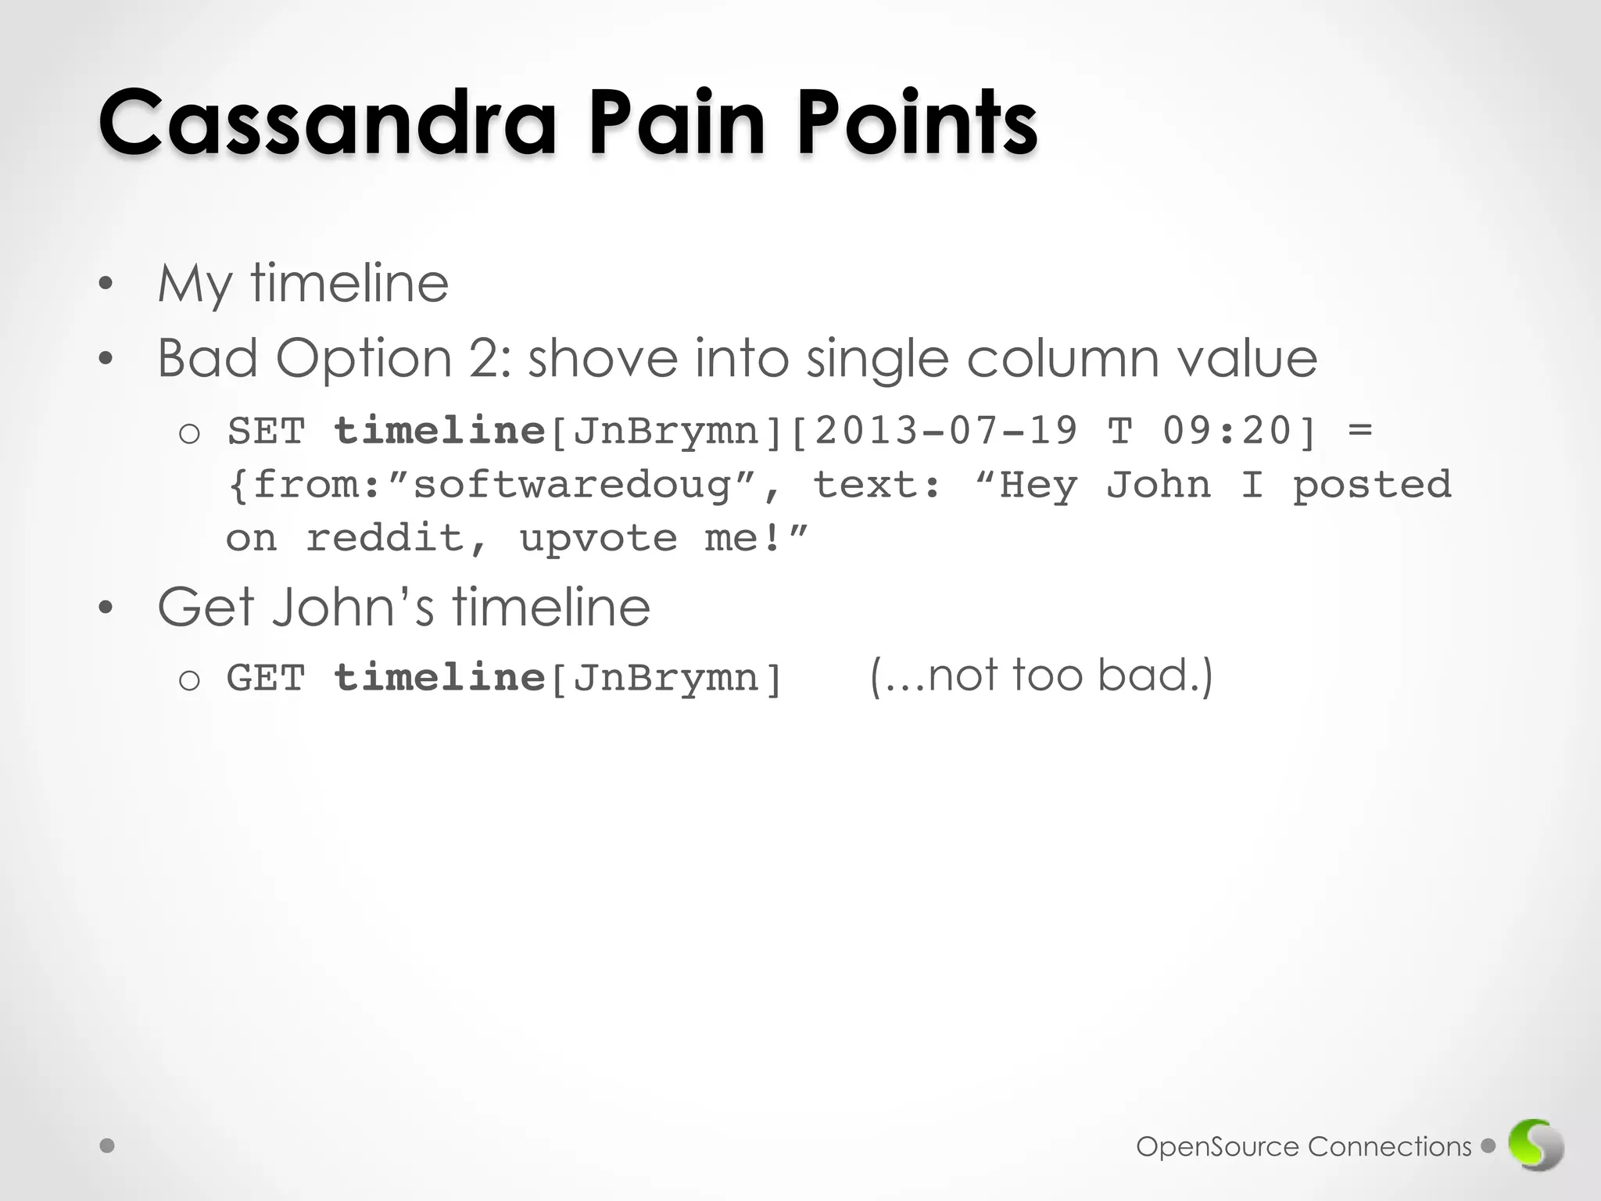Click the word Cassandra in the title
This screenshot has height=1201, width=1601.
(327, 123)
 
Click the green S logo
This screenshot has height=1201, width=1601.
(1535, 1146)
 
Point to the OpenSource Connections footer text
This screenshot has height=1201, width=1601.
(1303, 1147)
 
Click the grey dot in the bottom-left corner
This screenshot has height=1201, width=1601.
(108, 1146)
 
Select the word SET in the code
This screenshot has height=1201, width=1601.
(266, 431)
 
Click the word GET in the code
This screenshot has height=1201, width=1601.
(266, 677)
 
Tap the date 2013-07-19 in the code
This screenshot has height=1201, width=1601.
(946, 431)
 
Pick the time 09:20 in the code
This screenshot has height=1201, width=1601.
(1227, 431)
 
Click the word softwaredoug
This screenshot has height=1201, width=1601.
(572, 485)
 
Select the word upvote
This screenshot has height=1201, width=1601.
(598, 538)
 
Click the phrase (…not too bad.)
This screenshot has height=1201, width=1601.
(1041, 675)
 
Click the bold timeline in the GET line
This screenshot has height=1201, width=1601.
(439, 677)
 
